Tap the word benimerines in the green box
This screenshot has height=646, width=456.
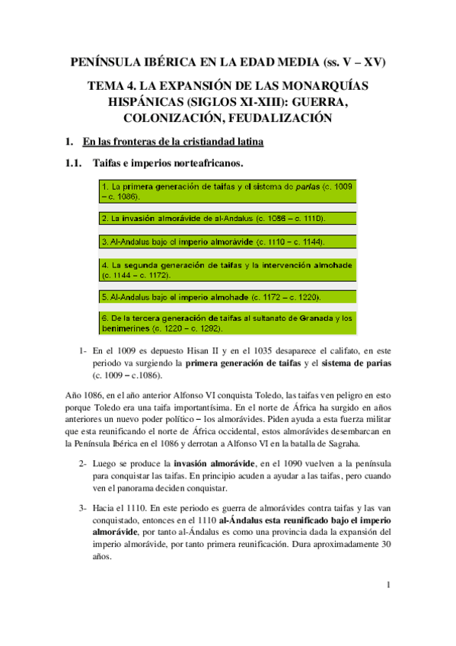(126, 328)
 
